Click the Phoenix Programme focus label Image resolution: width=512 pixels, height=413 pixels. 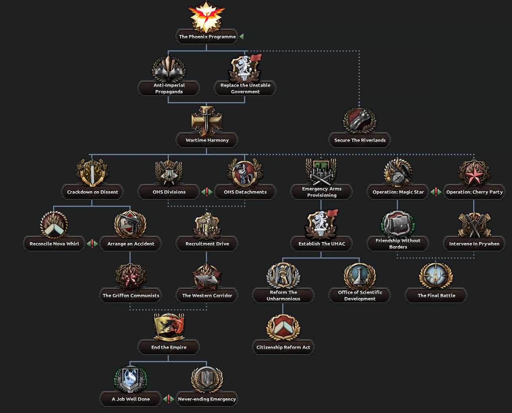click(207, 37)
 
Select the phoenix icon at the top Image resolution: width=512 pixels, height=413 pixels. click(206, 16)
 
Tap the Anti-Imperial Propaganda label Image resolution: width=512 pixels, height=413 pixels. click(169, 88)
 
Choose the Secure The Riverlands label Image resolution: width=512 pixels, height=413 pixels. click(360, 140)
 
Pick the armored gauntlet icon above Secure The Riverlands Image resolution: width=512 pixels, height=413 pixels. click(360, 119)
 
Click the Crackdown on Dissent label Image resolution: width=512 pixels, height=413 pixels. click(92, 192)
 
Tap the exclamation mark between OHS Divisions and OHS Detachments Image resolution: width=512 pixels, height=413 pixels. click(207, 192)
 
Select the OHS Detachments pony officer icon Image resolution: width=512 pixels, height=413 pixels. click(245, 173)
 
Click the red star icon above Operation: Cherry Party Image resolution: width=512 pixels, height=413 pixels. click(474, 173)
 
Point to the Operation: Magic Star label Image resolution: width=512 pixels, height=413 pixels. click(398, 192)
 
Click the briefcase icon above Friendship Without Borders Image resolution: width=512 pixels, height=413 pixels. click(398, 224)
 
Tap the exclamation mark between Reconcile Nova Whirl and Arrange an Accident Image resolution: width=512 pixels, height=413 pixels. click(92, 243)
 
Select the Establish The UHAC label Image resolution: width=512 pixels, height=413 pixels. click(321, 244)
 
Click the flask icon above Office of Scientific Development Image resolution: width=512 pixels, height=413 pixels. click(360, 276)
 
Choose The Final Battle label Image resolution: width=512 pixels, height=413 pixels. click(436, 296)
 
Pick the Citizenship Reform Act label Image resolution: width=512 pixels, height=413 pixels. click(283, 347)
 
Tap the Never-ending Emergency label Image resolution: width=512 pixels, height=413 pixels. click(207, 399)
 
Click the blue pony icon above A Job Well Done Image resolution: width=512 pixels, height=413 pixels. click(130, 379)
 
